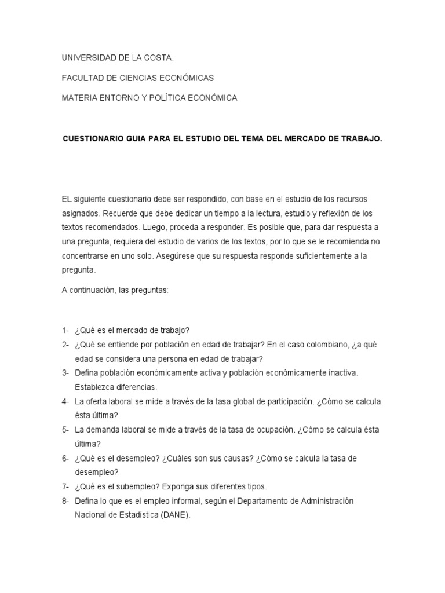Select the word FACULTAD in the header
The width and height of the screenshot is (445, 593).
click(x=81, y=78)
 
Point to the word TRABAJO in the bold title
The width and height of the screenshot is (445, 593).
click(x=362, y=140)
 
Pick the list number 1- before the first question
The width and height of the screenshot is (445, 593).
click(x=65, y=331)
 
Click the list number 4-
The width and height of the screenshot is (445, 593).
click(x=65, y=401)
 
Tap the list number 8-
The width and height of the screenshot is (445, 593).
click(x=65, y=500)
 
